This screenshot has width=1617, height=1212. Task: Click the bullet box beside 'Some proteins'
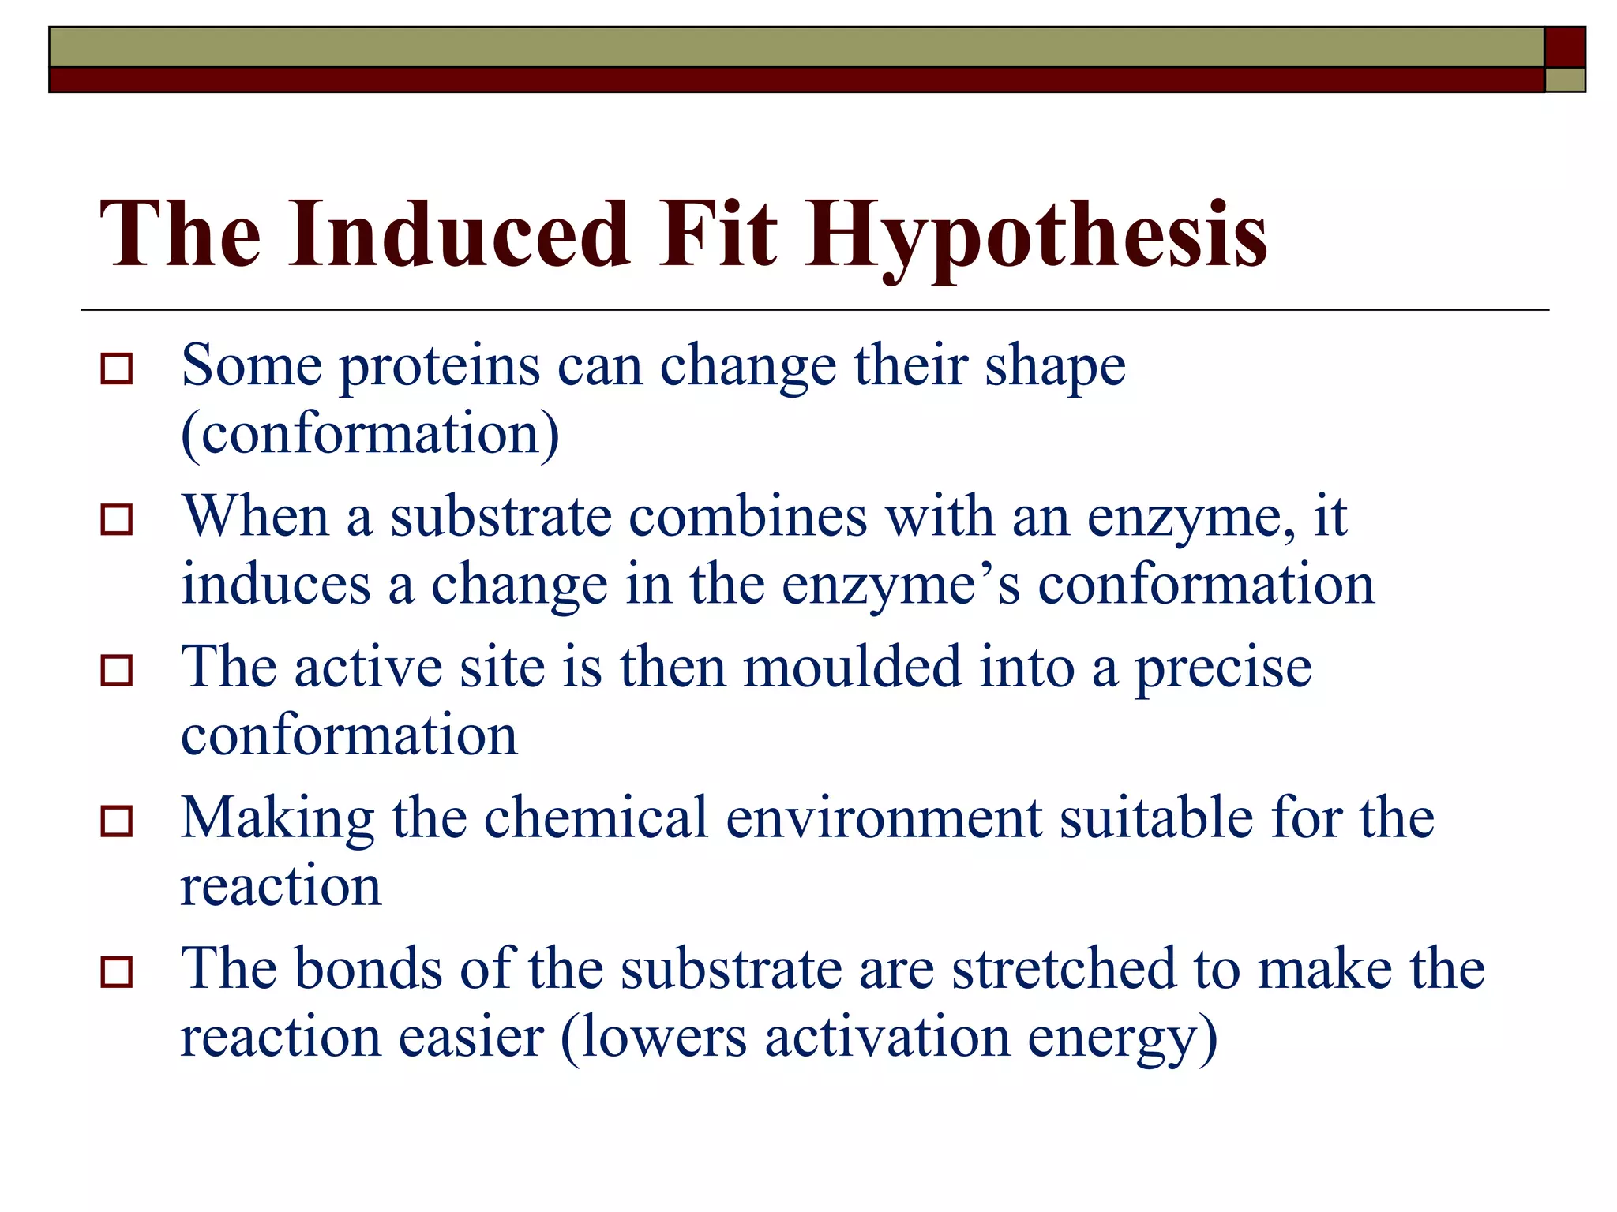pyautogui.click(x=117, y=368)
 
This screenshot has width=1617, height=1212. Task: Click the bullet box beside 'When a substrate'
pyautogui.click(x=117, y=519)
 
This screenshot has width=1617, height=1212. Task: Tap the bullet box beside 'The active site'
pyautogui.click(x=117, y=670)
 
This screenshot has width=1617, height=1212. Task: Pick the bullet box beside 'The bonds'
pyautogui.click(x=117, y=971)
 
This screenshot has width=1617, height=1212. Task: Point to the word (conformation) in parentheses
pyautogui.click(x=370, y=435)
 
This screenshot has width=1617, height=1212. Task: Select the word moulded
pyautogui.click(x=852, y=668)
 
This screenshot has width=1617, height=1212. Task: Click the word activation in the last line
pyautogui.click(x=887, y=1038)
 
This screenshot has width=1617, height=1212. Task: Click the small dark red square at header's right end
pyautogui.click(x=1564, y=47)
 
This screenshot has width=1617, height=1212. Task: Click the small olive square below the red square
pyautogui.click(x=1564, y=80)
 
